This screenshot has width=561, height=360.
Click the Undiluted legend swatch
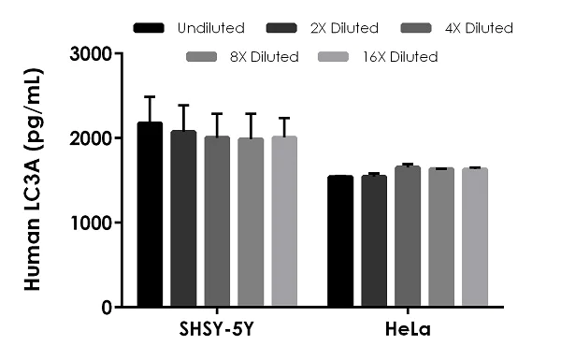tap(149, 28)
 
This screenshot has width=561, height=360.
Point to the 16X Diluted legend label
tap(400, 57)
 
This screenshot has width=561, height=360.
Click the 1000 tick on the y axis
tap(117, 223)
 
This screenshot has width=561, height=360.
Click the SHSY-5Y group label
tap(216, 330)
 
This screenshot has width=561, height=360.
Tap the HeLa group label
tap(407, 330)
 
